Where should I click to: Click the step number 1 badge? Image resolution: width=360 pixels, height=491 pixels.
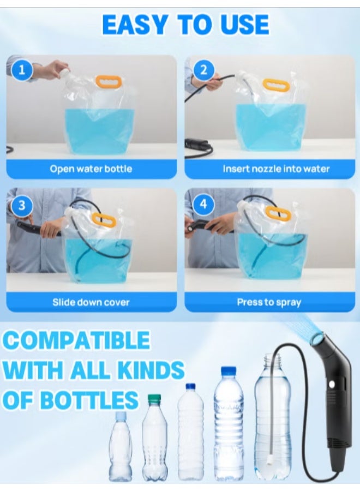(22, 70)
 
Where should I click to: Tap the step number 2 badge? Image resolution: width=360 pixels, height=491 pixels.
(203, 70)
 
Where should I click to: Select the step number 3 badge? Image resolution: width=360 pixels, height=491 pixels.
(22, 205)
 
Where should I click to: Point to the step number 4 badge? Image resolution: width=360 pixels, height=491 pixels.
(203, 205)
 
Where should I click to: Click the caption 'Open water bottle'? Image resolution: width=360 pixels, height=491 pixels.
(91, 169)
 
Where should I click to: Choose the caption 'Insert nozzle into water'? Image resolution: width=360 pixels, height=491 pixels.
(276, 169)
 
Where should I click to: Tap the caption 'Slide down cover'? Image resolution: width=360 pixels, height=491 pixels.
(91, 302)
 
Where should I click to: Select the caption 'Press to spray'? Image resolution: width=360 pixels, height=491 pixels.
(269, 302)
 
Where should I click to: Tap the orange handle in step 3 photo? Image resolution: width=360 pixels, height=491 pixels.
(104, 220)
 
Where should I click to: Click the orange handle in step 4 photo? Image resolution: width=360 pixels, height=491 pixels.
(278, 213)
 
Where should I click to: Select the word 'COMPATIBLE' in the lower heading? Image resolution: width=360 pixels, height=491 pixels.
(76, 340)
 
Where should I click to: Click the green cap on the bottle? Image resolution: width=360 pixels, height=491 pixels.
(154, 399)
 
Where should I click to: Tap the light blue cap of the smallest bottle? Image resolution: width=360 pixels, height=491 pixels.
(121, 415)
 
